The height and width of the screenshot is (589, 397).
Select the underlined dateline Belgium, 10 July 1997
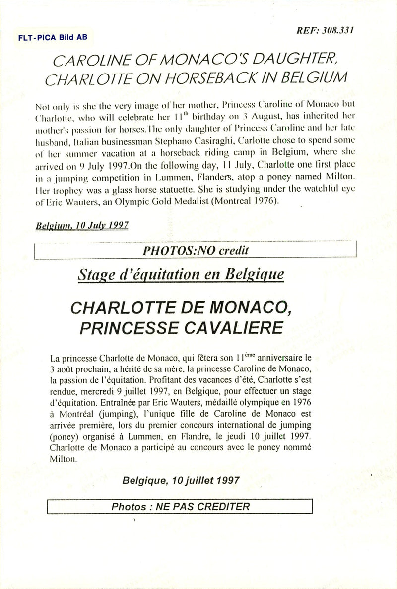[x=82, y=225]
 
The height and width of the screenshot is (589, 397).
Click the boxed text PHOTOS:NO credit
[x=196, y=251]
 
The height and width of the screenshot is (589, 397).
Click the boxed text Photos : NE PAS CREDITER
[x=181, y=507]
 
